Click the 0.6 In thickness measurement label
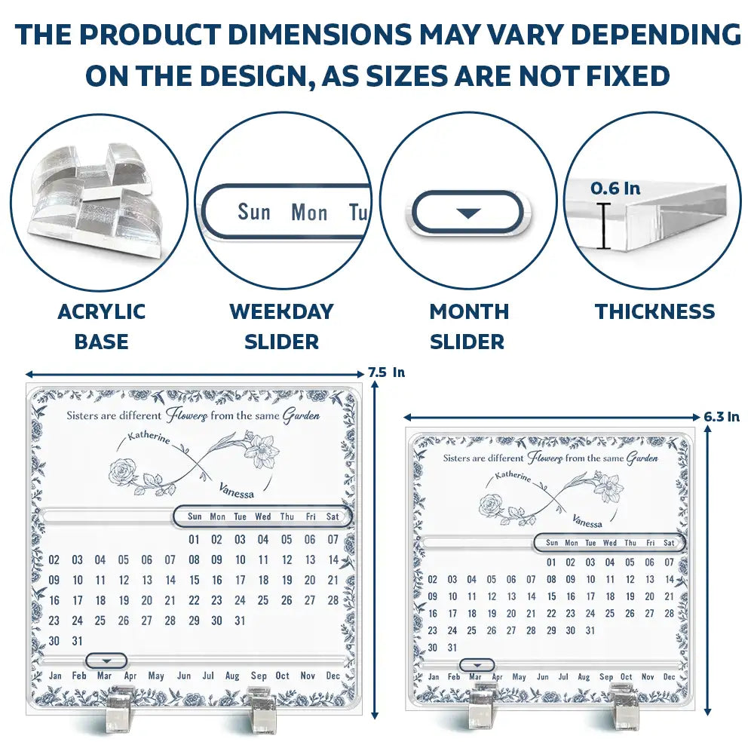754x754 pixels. click(615, 188)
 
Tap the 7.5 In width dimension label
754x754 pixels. click(387, 372)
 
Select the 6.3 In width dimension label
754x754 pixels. click(722, 416)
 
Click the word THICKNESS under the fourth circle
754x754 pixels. click(655, 311)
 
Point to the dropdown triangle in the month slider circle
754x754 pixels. click(468, 213)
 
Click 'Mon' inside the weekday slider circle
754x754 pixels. click(309, 212)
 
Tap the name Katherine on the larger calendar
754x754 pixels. click(149, 437)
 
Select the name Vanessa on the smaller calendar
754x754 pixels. click(587, 521)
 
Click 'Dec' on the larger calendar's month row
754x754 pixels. click(333, 676)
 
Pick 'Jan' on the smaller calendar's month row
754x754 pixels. click(434, 676)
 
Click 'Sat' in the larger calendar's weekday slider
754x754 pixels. click(333, 516)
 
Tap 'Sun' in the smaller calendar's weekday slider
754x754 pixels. click(552, 542)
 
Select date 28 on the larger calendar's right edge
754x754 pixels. click(333, 600)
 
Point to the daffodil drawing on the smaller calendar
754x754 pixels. click(608, 488)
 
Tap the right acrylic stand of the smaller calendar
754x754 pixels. click(624, 705)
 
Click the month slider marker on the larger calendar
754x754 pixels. click(106, 661)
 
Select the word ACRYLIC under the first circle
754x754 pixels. click(102, 311)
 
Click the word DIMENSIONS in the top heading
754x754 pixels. click(319, 35)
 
